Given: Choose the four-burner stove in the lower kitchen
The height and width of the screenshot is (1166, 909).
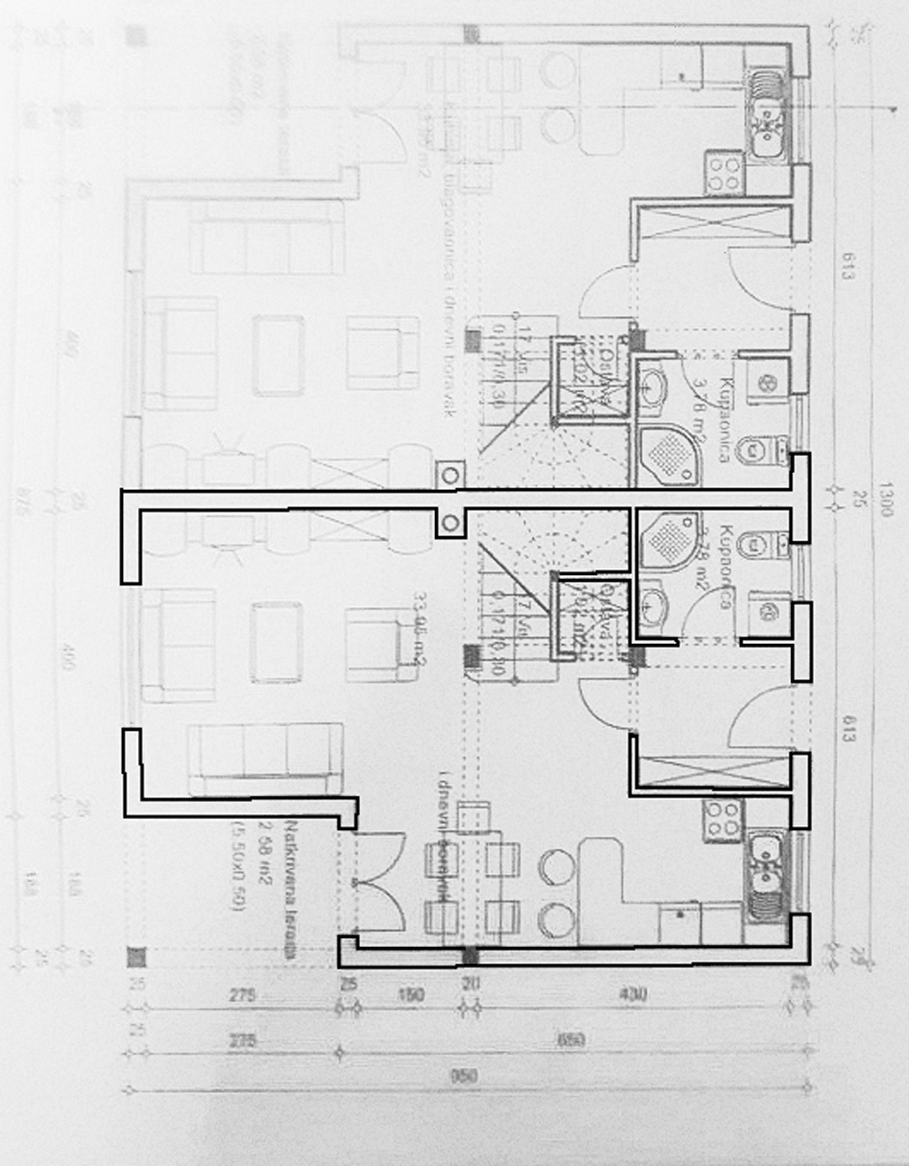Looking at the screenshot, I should (724, 817).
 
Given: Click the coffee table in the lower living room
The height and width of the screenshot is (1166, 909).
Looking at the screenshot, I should (277, 642).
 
